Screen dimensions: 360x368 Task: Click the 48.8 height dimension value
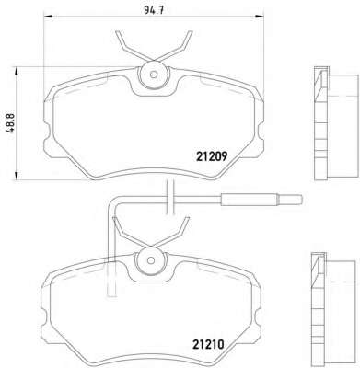(10, 123)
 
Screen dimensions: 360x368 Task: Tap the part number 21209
(212, 157)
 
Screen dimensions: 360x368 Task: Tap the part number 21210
(208, 345)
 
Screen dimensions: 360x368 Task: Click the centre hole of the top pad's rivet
(154, 75)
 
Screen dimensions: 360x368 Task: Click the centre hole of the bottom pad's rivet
(150, 260)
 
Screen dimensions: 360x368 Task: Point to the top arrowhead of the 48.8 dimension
(17, 71)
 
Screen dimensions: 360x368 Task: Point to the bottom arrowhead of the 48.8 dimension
(17, 176)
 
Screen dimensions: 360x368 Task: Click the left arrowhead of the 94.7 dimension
(48, 17)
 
